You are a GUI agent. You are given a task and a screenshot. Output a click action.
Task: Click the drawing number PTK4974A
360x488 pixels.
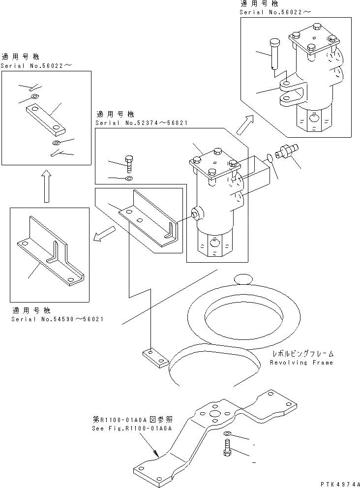click(x=337, y=483)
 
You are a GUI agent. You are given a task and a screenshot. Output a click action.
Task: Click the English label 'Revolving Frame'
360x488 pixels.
click(x=301, y=363)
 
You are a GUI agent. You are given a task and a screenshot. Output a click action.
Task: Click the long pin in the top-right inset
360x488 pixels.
click(x=274, y=52)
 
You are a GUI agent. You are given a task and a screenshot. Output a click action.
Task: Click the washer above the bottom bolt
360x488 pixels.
click(x=227, y=434)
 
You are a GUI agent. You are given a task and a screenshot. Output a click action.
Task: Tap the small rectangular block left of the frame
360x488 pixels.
click(x=153, y=359)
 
